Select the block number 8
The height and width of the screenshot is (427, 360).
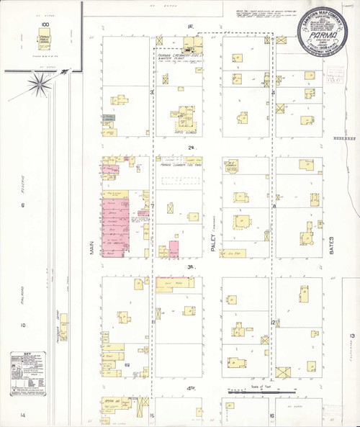pos(274,207)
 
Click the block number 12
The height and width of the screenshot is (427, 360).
pos(274,321)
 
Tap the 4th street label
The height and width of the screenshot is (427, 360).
pos(192,389)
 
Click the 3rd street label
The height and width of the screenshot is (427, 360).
pos(192,268)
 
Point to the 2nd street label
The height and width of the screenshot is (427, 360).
pos(192,148)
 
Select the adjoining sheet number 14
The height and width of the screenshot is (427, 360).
pos(22,415)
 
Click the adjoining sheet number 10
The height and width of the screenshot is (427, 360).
pos(22,325)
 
